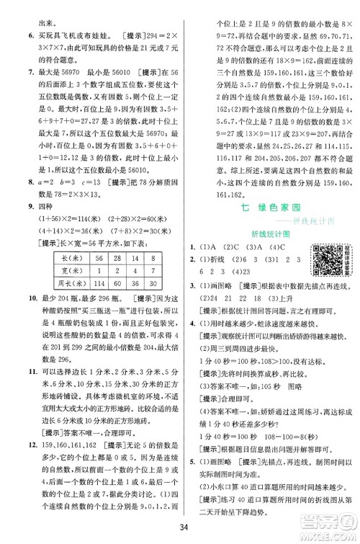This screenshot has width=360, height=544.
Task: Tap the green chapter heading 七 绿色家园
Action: (x=258, y=206)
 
